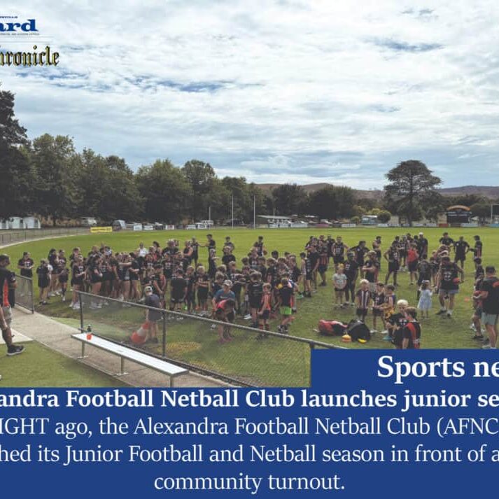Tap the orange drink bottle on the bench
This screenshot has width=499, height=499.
[x=89, y=332]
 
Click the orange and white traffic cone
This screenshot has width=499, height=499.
[x=140, y=335]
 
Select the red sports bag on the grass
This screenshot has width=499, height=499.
[x=332, y=326]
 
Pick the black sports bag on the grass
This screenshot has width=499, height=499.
[x=358, y=330]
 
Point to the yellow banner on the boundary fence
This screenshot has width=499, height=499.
[x=101, y=229]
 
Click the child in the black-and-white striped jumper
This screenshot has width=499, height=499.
[x=363, y=300]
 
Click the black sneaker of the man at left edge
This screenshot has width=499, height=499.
[x=15, y=350]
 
